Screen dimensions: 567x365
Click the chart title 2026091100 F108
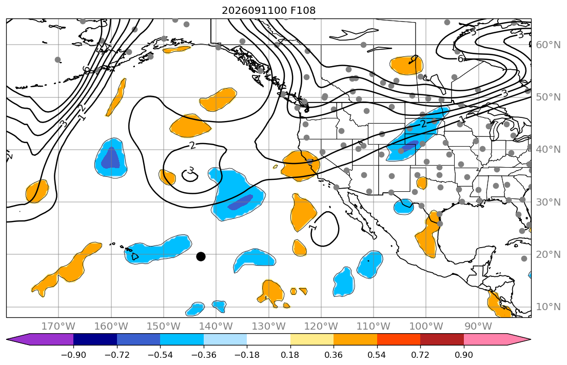click(x=268, y=10)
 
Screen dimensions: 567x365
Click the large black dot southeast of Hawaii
click(x=201, y=257)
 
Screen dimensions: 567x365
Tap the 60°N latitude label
click(x=548, y=45)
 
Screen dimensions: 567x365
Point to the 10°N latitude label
click(x=548, y=307)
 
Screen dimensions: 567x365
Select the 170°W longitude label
click(x=58, y=327)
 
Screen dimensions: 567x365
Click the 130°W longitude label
click(x=268, y=327)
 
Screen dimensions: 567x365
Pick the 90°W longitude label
click(x=478, y=327)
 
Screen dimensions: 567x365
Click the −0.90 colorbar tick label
click(x=73, y=355)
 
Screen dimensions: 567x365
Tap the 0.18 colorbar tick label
click(x=290, y=355)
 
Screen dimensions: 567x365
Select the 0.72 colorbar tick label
click(x=420, y=355)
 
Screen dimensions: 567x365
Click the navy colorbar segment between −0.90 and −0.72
click(x=95, y=340)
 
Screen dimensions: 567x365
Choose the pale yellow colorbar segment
click(x=311, y=340)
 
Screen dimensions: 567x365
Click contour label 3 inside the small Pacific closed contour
click(x=190, y=171)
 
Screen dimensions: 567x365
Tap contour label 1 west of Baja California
click(x=313, y=227)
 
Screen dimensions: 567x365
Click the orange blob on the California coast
click(x=301, y=165)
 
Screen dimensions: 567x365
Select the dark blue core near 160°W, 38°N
click(x=111, y=158)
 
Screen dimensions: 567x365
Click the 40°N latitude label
click(x=548, y=150)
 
